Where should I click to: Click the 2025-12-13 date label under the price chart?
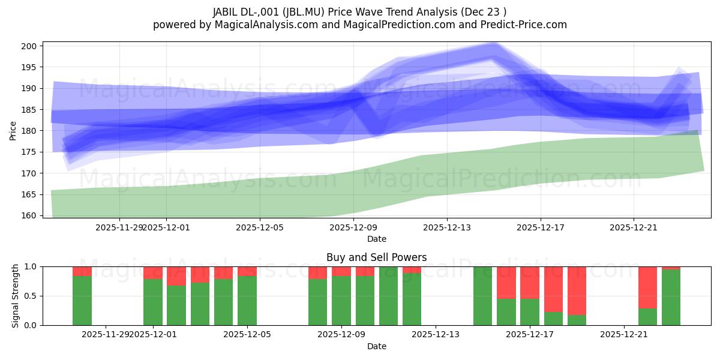[x=446, y=227]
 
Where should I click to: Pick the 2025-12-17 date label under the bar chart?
[x=530, y=334]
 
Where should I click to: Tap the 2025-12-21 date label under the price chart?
[x=634, y=227]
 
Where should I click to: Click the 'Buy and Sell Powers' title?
[x=377, y=257]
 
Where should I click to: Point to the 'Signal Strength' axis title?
[x=16, y=296]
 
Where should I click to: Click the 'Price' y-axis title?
[x=13, y=131]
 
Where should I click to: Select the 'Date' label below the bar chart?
[x=377, y=346]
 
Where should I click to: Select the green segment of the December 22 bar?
[x=647, y=317]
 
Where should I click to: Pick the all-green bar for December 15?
[x=483, y=296]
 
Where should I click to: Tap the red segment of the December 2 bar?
[x=176, y=276]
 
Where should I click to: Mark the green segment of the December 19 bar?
[x=577, y=320]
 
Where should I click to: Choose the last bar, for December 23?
[x=671, y=298]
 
